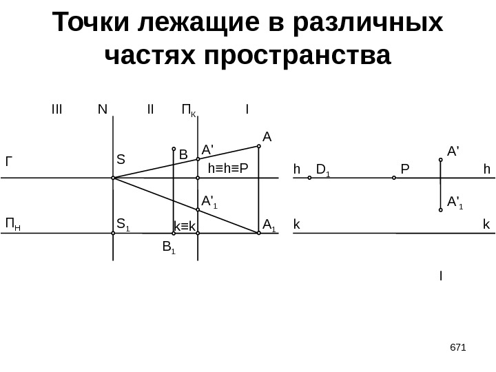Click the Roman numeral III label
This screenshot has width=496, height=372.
click(56, 110)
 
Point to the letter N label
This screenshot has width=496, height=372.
click(103, 110)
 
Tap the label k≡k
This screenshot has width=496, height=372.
click(185, 226)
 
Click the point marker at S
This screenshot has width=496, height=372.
click(113, 178)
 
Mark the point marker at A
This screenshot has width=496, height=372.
click(259, 145)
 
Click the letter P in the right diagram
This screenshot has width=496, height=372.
click(404, 168)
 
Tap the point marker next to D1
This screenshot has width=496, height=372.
click(309, 178)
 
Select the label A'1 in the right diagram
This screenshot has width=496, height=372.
click(455, 202)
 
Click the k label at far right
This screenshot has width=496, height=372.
click(486, 224)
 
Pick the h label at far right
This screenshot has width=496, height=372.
click(486, 168)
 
